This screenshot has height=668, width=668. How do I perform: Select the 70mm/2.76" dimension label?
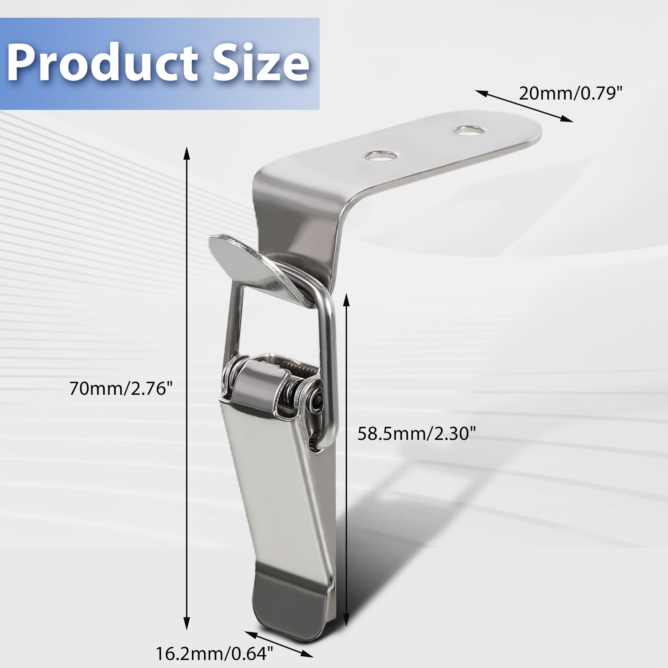tap(121, 388)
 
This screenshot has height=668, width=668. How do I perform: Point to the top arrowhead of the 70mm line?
tap(187, 152)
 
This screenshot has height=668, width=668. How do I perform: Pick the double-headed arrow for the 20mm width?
tap(524, 106)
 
